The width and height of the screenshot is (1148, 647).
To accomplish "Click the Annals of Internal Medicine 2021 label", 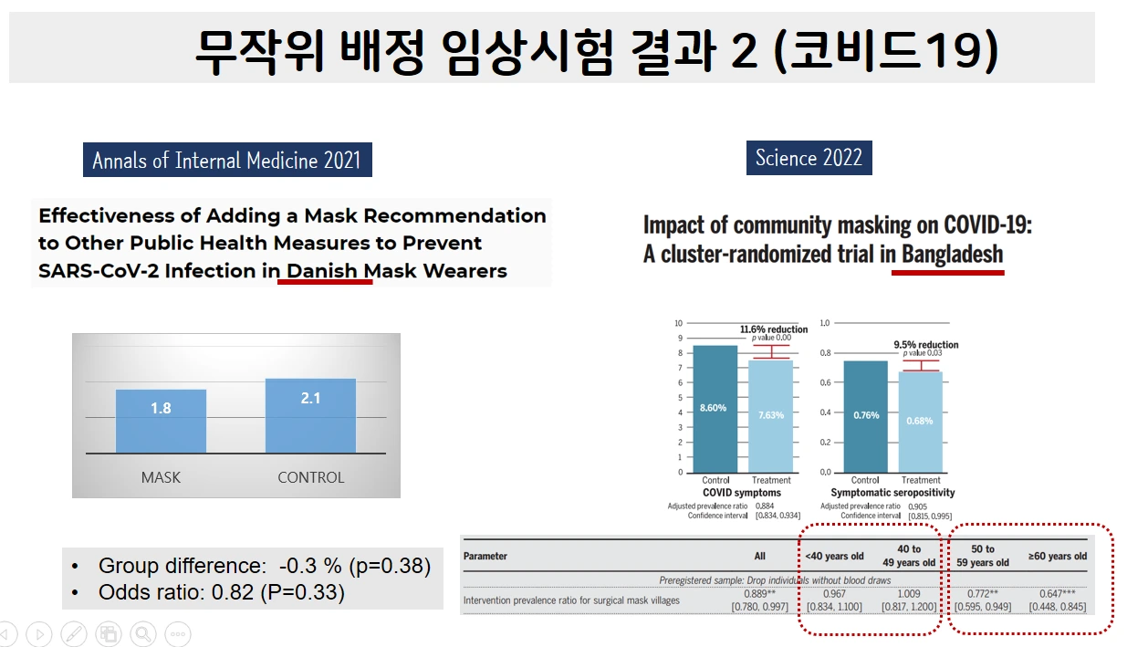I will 227,161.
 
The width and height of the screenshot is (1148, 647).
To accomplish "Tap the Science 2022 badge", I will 809,158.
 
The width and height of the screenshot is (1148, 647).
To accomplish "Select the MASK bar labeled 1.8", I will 161,421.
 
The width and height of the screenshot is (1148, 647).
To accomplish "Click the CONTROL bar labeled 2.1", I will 310,415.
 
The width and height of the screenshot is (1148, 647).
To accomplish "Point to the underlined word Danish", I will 323,271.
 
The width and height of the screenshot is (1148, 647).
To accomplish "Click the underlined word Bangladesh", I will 952,254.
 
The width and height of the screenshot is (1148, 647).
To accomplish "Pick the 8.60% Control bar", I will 715,408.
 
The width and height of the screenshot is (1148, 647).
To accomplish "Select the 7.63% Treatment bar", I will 771,416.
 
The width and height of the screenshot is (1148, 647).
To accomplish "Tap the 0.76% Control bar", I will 865,416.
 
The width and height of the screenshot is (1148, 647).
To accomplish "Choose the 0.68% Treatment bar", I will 920,422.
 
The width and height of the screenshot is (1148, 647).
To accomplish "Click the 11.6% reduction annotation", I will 773,329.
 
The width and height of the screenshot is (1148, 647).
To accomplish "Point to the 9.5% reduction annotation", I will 925,345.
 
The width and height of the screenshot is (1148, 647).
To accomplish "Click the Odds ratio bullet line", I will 222,592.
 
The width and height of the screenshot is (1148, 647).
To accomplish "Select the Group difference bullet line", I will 264,566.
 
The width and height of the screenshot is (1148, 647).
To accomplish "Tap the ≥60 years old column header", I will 1058,556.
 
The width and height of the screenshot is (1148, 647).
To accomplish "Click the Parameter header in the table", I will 485,556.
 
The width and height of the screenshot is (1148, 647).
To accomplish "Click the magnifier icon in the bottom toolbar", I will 142,634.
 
